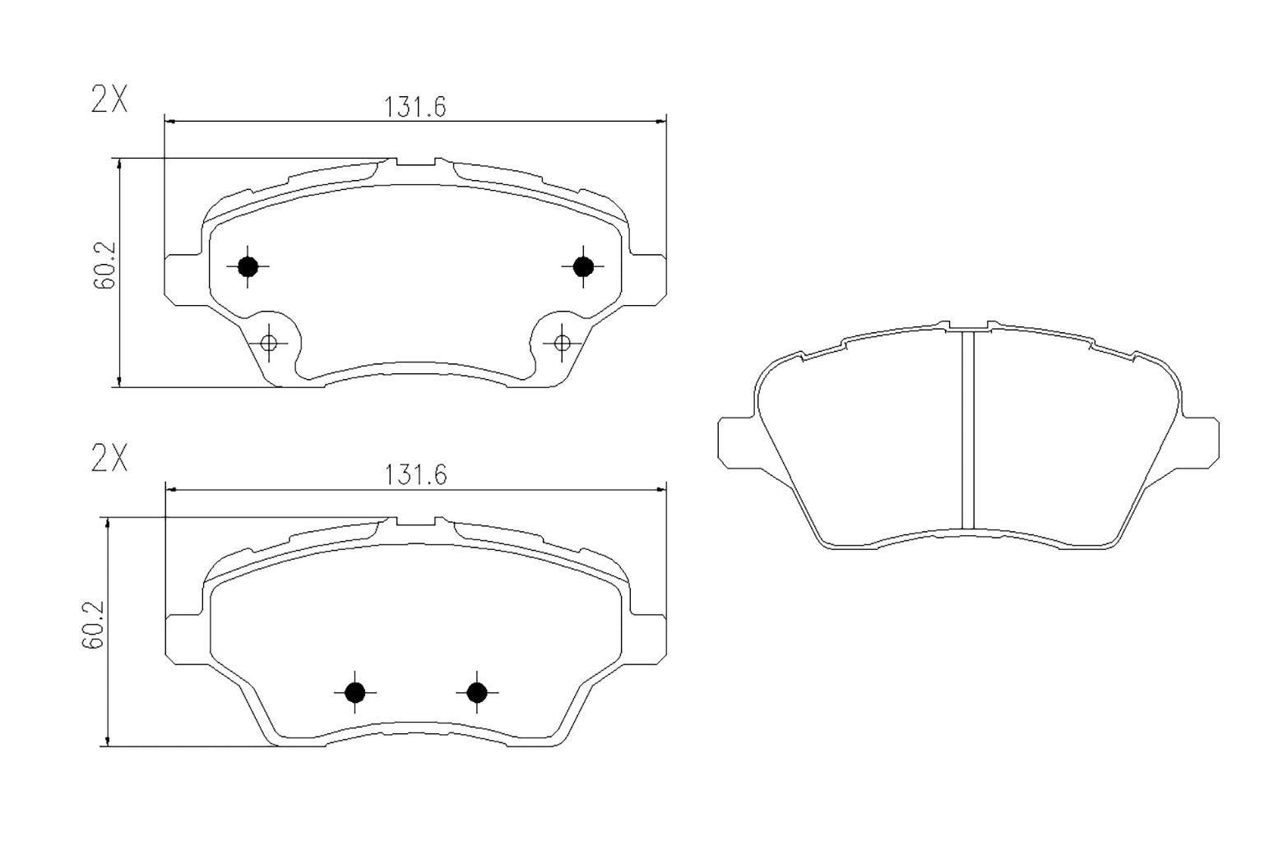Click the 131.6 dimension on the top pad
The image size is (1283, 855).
point(415,108)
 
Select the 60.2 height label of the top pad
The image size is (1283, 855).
point(104,266)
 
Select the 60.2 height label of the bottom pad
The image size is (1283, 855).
point(93,625)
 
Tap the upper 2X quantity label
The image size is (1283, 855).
point(109,100)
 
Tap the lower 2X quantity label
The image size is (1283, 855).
point(109,459)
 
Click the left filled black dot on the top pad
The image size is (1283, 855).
point(248,266)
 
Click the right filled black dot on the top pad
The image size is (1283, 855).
point(583,266)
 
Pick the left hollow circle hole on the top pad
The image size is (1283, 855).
point(268,343)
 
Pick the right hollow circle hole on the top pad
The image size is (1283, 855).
point(563,343)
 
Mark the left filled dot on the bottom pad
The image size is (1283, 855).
point(354,693)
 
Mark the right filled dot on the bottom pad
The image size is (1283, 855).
point(477,693)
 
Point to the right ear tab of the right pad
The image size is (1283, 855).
point(1201,442)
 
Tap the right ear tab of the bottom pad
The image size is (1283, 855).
point(648,637)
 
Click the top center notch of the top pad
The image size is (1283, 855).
point(416,163)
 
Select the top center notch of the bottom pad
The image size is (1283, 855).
point(416,522)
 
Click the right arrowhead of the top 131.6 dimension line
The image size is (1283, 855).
point(660,122)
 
